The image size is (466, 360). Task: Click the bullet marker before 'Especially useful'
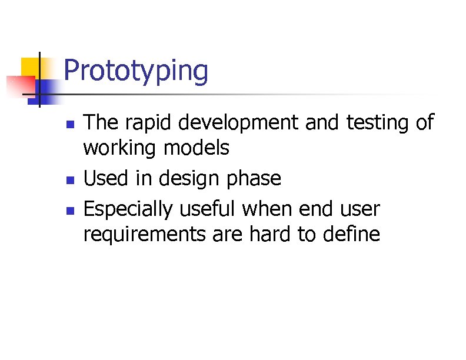click(x=69, y=209)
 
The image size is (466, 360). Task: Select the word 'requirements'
click(x=143, y=235)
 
